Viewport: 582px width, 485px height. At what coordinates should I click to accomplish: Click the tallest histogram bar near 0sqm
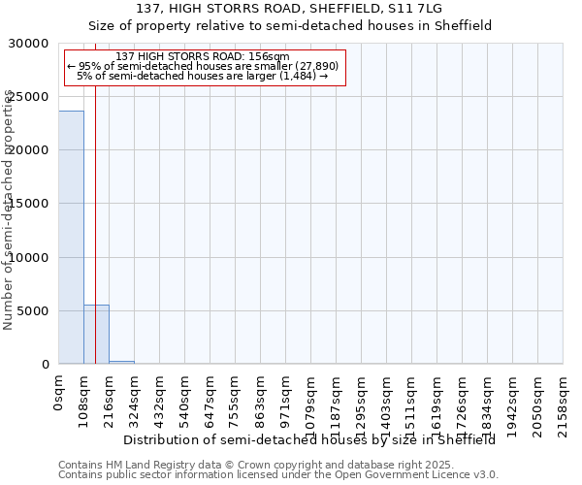[71, 238]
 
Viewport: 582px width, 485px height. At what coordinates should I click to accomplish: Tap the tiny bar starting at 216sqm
[121, 362]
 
